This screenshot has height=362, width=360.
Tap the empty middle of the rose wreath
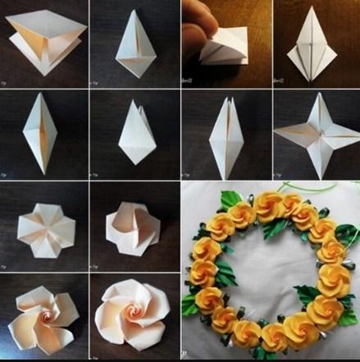pos(271,271)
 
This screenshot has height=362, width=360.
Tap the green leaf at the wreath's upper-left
pos(232,199)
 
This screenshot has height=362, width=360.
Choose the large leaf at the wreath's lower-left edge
pos(191,305)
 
